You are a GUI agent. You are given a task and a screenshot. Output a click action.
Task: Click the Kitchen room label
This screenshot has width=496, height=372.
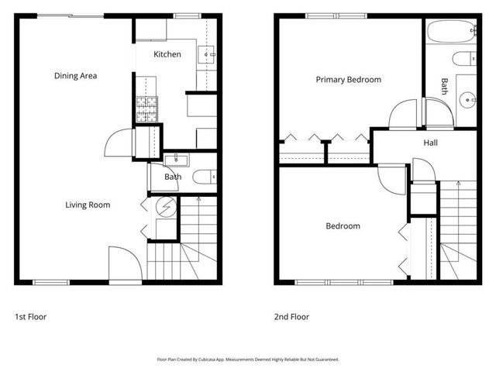pos(167,54)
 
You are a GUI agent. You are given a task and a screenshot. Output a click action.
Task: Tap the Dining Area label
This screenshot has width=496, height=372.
pos(75,75)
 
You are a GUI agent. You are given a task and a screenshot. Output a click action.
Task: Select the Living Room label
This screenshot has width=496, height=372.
pos(87,205)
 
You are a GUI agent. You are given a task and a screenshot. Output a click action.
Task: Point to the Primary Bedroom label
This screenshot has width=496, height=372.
pos(348,79)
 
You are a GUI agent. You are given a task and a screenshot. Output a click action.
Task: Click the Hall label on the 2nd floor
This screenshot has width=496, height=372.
pos(430,143)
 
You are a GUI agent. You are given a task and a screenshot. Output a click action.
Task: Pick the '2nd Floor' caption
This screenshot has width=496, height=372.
pos(291,316)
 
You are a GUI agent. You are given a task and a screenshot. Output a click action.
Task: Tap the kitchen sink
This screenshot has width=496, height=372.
pos(208,54)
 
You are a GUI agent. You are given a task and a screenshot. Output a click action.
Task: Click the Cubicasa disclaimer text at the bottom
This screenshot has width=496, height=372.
pos(248,360)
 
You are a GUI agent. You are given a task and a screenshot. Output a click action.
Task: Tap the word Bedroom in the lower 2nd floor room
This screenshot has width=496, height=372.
pos(343,226)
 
